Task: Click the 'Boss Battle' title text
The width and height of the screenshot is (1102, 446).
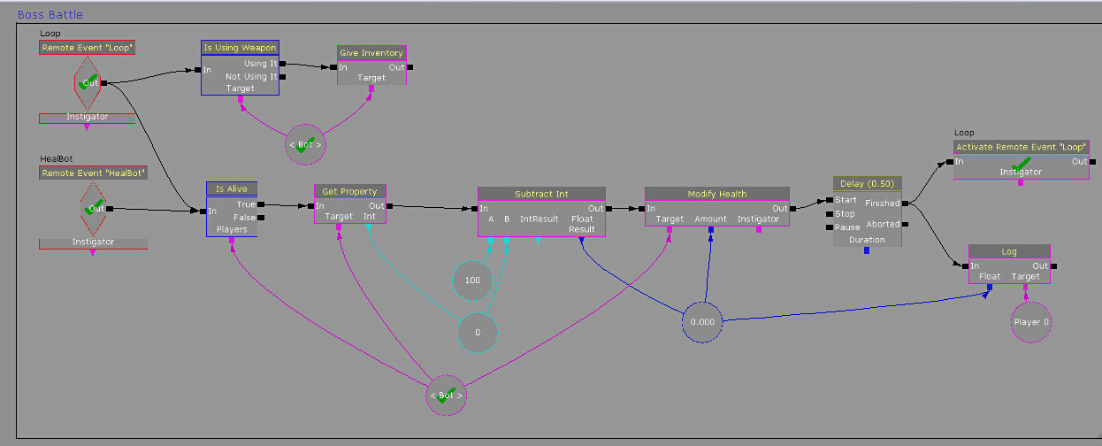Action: (50, 15)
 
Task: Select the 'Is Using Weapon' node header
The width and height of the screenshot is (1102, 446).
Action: (240, 47)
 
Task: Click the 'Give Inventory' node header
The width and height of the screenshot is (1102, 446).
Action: (371, 53)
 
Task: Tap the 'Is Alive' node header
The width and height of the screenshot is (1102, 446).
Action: (232, 188)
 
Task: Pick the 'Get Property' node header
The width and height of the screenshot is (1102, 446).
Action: (350, 191)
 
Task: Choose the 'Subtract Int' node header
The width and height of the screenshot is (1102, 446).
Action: (541, 194)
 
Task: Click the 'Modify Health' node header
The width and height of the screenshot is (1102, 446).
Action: (716, 194)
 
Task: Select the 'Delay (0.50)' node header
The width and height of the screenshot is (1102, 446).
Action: (867, 183)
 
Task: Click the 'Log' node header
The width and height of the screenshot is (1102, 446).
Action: (1009, 251)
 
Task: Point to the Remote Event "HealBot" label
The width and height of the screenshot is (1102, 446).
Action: (93, 173)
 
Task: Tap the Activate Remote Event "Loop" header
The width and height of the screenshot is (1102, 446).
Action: (1021, 146)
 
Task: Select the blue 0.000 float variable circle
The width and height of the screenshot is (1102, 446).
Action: (702, 322)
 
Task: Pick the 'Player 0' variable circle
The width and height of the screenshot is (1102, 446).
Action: (1031, 322)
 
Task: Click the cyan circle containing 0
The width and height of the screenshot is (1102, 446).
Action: (478, 332)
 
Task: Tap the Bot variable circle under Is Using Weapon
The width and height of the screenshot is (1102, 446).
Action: (305, 144)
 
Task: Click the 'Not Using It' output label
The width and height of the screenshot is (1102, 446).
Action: (251, 76)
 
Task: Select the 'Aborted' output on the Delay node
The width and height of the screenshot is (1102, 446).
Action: (882, 224)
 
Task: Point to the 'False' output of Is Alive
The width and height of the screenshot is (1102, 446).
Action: (243, 217)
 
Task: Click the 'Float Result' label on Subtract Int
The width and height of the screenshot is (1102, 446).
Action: (581, 224)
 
